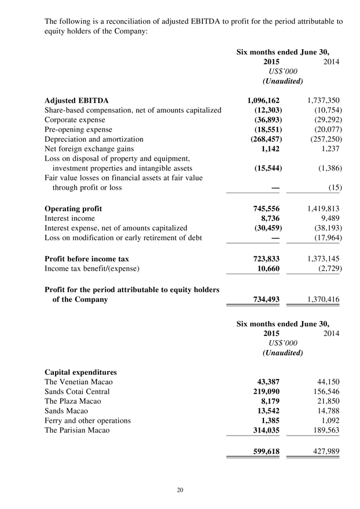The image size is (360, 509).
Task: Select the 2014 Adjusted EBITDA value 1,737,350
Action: (317, 100)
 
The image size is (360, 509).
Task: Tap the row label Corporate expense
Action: (79, 120)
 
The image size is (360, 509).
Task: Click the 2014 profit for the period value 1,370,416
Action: (317, 299)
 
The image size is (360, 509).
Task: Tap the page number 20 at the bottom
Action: (180, 490)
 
